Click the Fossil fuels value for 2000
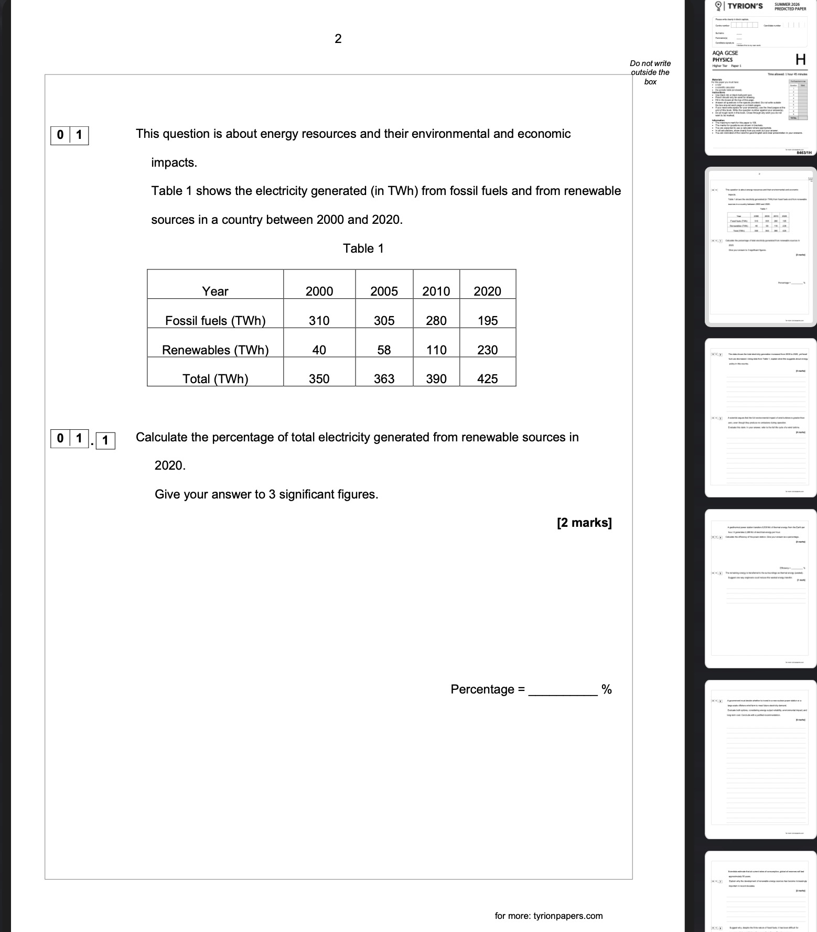(319, 321)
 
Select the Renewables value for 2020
(487, 350)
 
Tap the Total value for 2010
(436, 379)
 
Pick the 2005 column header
(384, 291)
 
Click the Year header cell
(215, 291)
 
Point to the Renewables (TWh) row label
(215, 350)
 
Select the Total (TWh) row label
(215, 379)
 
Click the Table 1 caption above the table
(363, 248)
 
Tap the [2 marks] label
(584, 523)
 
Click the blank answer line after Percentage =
(563, 690)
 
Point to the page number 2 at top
(338, 38)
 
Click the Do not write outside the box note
(650, 72)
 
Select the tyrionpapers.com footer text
(549, 916)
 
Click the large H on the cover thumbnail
(800, 59)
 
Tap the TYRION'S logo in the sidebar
(740, 6)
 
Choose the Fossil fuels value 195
(487, 321)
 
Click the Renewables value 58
(384, 350)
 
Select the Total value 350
(319, 379)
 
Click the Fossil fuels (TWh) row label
(215, 321)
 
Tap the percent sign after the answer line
(606, 689)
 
